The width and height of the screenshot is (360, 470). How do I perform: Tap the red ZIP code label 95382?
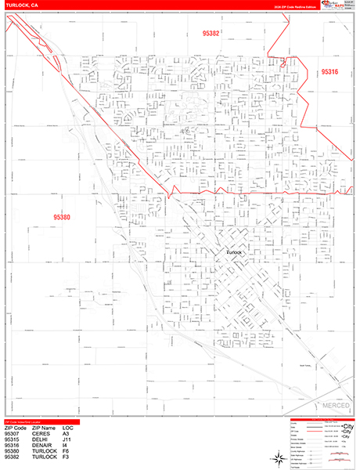pos(211,34)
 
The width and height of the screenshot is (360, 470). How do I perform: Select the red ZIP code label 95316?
pos(329,72)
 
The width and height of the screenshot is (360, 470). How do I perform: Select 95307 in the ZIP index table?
pos(13,434)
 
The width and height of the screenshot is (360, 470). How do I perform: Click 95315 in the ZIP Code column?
pos(13,440)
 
